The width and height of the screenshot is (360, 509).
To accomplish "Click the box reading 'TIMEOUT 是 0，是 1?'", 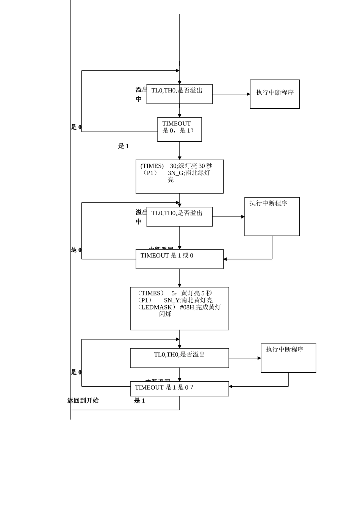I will (x=179, y=130).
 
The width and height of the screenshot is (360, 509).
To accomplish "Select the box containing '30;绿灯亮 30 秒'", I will (x=179, y=176).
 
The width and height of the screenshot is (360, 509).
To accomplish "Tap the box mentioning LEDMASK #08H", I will (x=179, y=308).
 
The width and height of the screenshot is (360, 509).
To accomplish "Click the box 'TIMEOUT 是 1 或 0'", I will (x=179, y=259).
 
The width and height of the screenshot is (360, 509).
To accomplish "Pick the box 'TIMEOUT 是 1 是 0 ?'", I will (x=179, y=389).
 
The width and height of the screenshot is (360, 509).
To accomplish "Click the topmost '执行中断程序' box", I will (x=274, y=94).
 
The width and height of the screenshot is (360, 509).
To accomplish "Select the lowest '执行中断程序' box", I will (x=288, y=358).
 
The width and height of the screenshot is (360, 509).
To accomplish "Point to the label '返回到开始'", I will (x=83, y=401).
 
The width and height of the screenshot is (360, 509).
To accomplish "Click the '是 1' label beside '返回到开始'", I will (x=139, y=401).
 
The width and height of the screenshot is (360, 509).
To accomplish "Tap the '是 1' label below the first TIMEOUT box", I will (x=123, y=146).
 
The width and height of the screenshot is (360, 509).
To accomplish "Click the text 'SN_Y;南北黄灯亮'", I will (x=188, y=300).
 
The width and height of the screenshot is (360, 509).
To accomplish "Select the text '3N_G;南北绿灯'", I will (x=189, y=173).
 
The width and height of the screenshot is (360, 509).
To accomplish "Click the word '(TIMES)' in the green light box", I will (x=152, y=166).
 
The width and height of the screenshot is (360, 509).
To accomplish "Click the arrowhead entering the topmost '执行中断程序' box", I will (x=248, y=94).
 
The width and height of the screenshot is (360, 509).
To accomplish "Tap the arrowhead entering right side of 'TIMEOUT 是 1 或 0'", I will (x=225, y=259).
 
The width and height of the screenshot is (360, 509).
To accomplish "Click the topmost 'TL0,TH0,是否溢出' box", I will (x=179, y=94).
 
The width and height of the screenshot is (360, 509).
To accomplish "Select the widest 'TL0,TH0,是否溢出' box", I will (x=179, y=358).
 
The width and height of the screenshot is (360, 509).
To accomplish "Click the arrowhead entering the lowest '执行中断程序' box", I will (x=259, y=358).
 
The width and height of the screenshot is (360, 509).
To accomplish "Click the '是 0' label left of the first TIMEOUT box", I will (x=76, y=127).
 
